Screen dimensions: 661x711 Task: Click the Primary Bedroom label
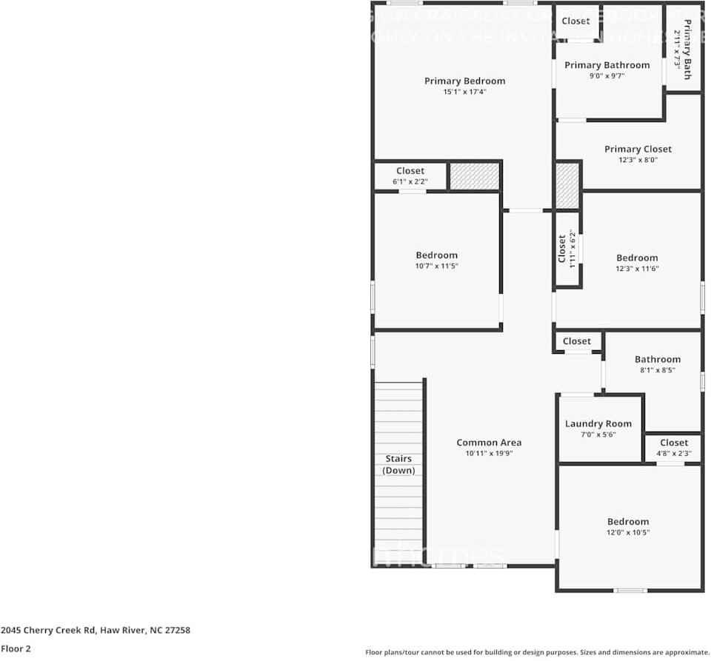(x=464, y=81)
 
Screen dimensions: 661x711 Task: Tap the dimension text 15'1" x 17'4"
(x=464, y=92)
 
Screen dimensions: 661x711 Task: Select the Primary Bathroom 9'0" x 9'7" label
(x=607, y=70)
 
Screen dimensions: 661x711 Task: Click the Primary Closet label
(x=638, y=149)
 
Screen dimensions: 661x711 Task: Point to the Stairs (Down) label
(x=398, y=465)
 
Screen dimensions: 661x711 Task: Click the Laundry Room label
(x=598, y=423)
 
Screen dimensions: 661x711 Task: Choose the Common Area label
(x=489, y=443)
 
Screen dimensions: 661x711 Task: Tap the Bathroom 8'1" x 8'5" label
(x=657, y=363)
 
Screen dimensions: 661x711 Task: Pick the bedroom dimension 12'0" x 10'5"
(x=628, y=532)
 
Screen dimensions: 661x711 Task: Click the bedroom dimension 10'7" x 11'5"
(x=437, y=266)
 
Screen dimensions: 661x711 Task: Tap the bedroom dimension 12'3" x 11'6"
(x=637, y=269)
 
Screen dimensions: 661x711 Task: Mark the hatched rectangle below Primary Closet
(x=567, y=186)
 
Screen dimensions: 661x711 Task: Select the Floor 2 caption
(x=16, y=648)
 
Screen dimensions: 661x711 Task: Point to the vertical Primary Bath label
(x=683, y=49)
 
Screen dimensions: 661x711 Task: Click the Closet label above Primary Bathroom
(x=575, y=21)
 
